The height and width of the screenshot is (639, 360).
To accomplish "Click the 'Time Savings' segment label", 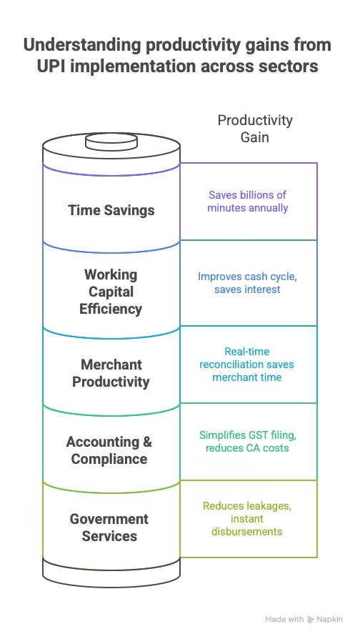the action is [111, 210].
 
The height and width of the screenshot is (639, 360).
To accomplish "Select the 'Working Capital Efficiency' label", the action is [111, 292].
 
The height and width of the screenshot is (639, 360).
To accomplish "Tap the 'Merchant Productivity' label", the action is [111, 373].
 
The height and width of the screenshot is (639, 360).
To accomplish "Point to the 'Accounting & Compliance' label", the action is [109, 450].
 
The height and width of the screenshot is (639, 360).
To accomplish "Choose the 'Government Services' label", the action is [109, 527].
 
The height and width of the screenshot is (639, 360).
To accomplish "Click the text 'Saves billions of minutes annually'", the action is [248, 202].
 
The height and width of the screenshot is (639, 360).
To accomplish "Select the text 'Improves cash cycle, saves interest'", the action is [248, 283].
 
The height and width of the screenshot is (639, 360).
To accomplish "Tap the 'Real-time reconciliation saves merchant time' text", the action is [247, 365].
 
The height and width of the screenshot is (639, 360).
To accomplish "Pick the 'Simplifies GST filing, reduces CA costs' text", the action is [248, 441].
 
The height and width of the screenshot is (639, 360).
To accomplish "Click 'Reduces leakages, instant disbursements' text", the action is [247, 519].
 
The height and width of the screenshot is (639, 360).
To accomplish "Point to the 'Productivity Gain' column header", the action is [255, 129].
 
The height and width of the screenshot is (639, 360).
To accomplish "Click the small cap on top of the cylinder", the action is [111, 142].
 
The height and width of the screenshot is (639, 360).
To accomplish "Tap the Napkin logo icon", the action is [311, 620].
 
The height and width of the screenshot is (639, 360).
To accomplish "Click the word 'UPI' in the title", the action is [51, 66].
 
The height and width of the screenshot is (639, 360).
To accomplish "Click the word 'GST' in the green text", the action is [244, 435].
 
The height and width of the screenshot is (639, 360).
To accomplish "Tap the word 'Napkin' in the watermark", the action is [330, 620].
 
